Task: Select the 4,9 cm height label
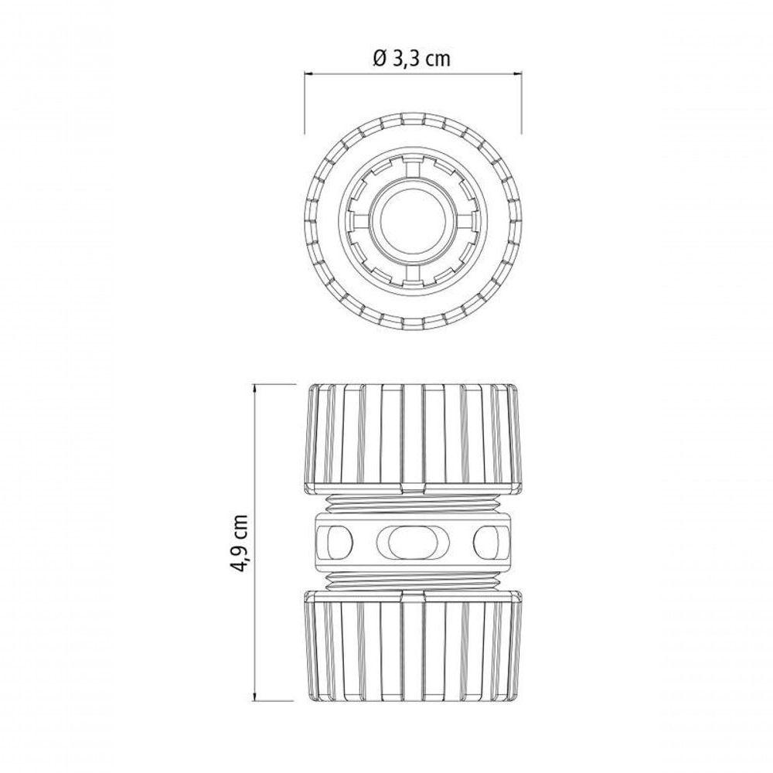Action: point(240,543)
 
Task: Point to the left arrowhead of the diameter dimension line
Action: point(308,74)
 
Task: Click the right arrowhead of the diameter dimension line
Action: point(516,74)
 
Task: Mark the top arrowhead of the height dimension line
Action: point(255,390)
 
